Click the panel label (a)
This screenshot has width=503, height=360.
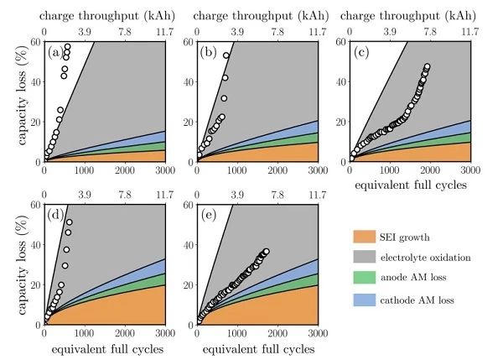[x=55, y=53]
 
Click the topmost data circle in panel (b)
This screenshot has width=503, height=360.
[x=226, y=56]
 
